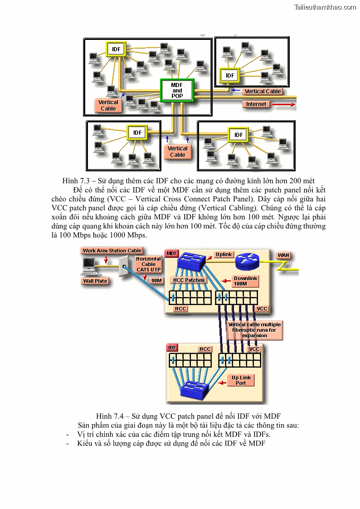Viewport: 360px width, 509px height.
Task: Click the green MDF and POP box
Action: [x=177, y=91]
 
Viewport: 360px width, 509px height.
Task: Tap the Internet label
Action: [x=256, y=104]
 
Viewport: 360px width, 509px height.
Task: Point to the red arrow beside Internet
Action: [x=283, y=104]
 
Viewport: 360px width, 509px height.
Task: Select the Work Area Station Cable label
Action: [x=112, y=251]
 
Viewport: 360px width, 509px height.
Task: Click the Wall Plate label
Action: [x=95, y=281]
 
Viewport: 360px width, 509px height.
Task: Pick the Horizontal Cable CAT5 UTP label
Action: [x=148, y=264]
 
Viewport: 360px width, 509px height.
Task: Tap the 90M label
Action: [x=156, y=281]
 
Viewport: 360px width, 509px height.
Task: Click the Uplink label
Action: [x=224, y=255]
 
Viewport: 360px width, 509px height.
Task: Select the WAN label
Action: [x=283, y=255]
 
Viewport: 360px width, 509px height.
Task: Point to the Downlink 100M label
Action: [x=245, y=281]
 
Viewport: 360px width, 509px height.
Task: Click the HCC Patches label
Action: [x=189, y=280]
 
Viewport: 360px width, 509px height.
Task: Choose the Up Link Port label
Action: [x=241, y=380]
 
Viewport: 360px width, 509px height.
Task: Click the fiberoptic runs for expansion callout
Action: [x=254, y=330]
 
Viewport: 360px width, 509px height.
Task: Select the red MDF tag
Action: [x=172, y=253]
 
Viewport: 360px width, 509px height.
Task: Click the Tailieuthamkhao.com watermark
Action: [x=325, y=7]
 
